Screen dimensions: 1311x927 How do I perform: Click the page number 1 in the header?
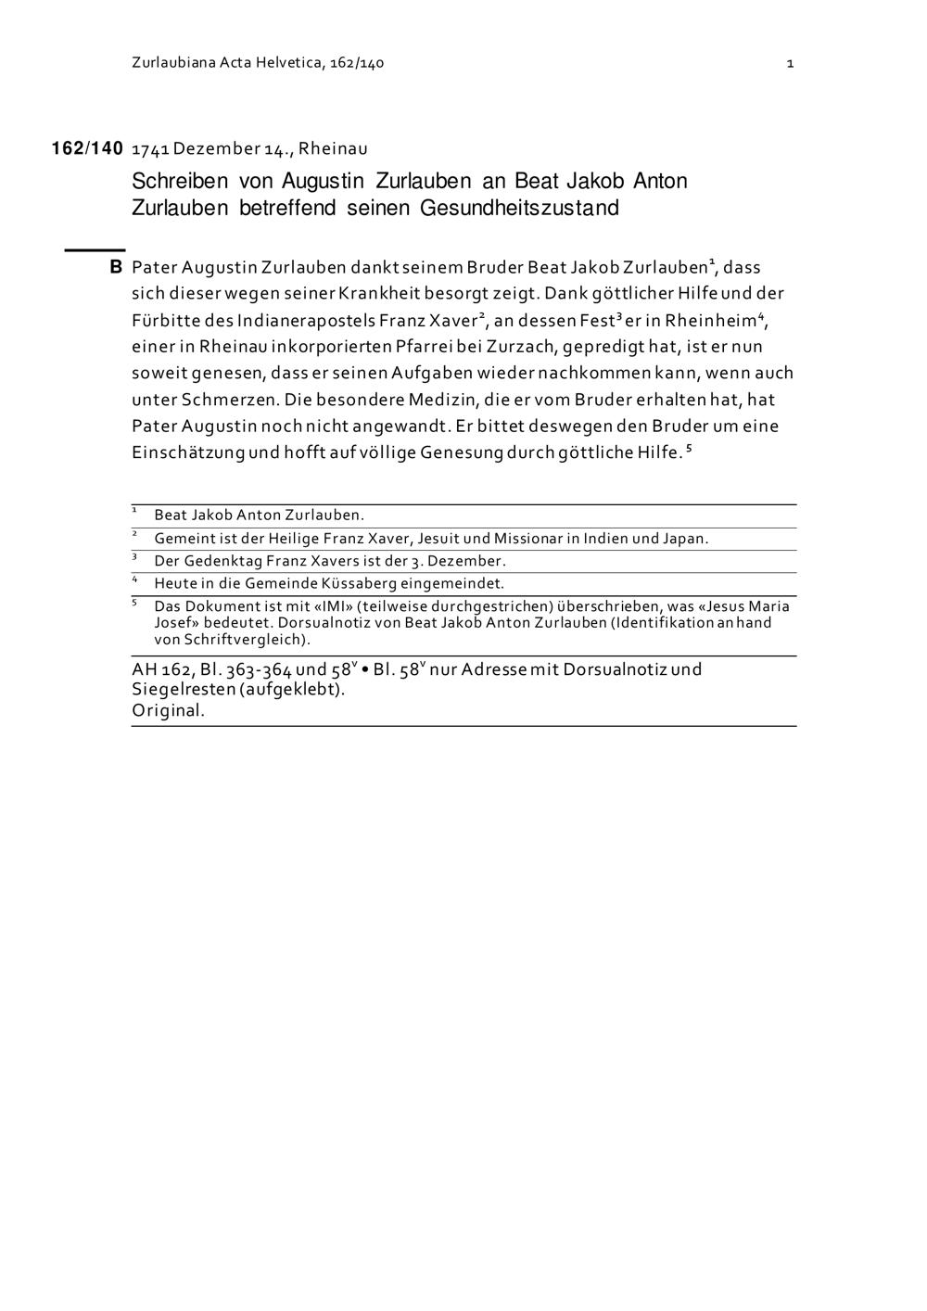790,63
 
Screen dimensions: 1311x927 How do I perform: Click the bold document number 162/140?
87,148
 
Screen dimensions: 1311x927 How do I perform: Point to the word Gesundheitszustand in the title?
519,208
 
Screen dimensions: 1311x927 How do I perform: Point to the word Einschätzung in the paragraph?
188,453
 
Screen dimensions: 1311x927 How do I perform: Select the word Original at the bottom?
167,711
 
